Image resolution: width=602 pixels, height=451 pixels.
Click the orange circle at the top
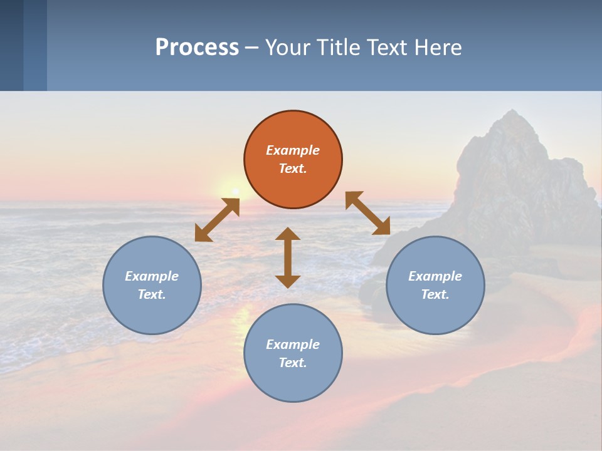point(293,160)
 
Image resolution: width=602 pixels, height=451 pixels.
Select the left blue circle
point(152,285)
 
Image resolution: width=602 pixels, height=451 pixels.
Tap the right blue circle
point(435,285)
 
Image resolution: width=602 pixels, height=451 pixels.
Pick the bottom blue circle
point(293,353)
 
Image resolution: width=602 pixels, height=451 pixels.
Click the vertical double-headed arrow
point(288,257)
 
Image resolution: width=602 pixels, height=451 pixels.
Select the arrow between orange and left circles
point(217,220)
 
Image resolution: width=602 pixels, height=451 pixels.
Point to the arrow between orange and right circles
point(368,213)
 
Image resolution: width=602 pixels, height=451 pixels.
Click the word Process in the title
point(197,48)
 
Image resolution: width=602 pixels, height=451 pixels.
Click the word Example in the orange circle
point(293,150)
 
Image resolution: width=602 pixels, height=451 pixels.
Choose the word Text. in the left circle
point(152,294)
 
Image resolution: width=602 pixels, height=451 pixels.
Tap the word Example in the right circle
point(435,276)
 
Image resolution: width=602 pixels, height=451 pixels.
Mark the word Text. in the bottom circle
point(293,363)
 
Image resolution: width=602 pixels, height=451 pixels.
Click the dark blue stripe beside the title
point(12,45)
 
